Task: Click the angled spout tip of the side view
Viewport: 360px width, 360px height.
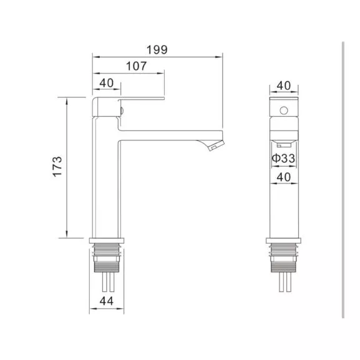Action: coord(213,146)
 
